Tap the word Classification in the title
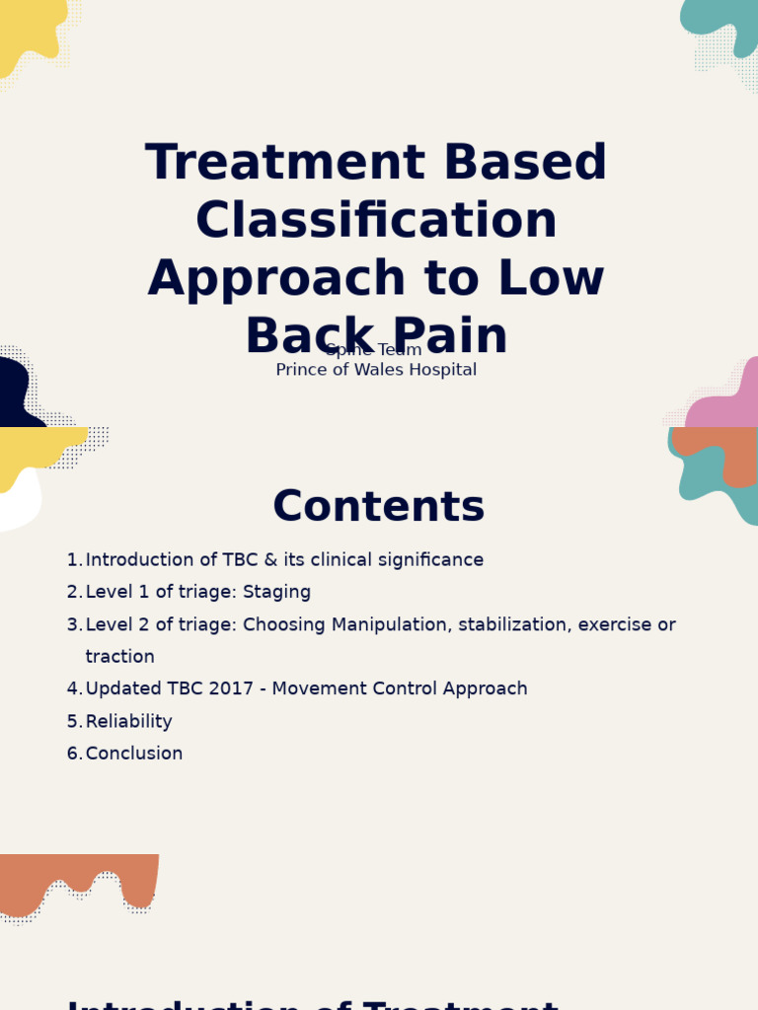point(376,220)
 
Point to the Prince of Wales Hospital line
point(376,370)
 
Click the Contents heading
point(378,506)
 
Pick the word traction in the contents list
point(119,657)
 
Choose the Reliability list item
point(128,722)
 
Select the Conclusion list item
point(133,754)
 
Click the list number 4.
point(74,689)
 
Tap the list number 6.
point(74,754)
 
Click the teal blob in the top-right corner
point(725,25)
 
